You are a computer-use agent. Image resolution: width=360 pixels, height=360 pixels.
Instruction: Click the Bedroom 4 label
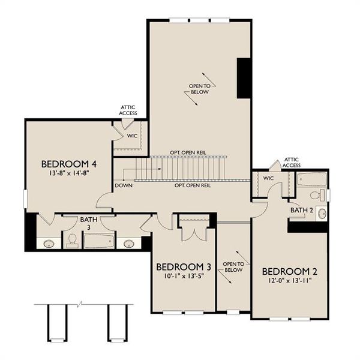coord(69,164)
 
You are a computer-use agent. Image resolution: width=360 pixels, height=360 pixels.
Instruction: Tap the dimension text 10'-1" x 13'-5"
coord(184,277)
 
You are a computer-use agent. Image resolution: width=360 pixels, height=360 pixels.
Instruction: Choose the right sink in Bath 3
coord(128,244)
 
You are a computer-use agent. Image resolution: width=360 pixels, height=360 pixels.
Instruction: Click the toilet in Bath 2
coord(316,194)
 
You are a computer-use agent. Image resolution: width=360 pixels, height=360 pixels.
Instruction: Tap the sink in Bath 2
coord(321,214)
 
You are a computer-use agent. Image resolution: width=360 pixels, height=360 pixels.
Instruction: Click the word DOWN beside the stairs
coord(124,185)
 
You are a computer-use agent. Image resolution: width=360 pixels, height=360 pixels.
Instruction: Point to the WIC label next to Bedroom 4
coord(133,136)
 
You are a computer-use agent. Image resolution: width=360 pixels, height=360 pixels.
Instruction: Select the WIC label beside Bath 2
coord(268,178)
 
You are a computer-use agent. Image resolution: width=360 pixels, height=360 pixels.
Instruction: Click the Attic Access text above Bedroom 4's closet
coord(128,110)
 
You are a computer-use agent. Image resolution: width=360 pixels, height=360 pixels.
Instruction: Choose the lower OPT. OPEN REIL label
coord(192,186)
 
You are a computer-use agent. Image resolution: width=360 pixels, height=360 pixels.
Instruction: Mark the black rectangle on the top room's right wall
coord(244,78)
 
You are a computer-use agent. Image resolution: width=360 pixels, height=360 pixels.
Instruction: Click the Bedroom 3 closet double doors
coord(194,231)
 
